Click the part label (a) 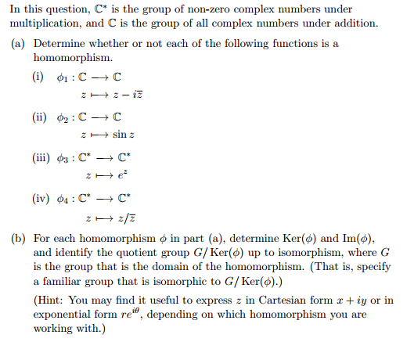coord(20,44)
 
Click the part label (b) coord(20,237)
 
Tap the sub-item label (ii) coord(38,119)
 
